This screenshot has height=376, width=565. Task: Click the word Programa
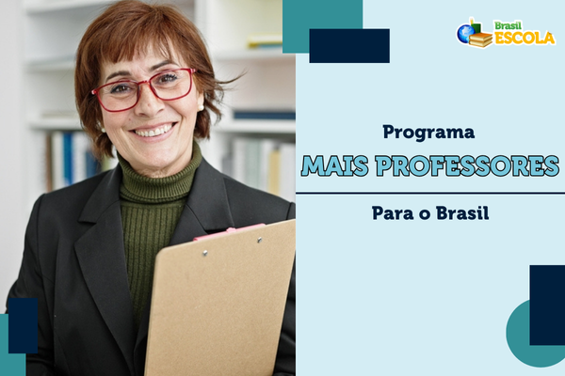point(428,133)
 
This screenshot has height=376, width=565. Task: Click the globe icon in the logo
point(465,34)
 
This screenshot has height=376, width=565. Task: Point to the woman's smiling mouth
point(153,129)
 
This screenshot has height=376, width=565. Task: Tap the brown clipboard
point(221,301)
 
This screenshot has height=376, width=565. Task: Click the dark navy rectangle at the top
point(348,45)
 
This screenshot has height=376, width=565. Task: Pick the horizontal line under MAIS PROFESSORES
point(429,193)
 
